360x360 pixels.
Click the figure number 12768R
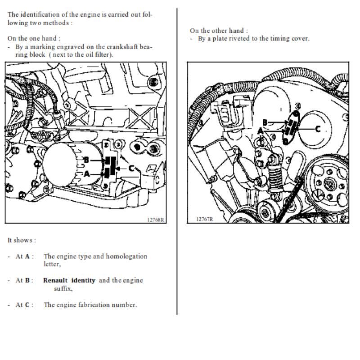[155, 220]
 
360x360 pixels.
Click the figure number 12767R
[205, 219]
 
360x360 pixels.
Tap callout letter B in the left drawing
[86, 160]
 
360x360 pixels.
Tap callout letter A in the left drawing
[86, 174]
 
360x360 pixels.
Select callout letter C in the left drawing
[131, 168]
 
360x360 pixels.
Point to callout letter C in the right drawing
[318, 129]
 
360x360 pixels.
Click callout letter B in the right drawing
[265, 122]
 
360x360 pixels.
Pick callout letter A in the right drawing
[260, 131]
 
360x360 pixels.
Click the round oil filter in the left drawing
[60, 164]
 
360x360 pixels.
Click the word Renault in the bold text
[55, 280]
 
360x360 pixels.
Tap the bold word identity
[83, 280]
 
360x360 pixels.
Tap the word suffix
[63, 288]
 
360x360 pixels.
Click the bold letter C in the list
[27, 305]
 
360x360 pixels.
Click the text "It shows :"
[22, 240]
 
